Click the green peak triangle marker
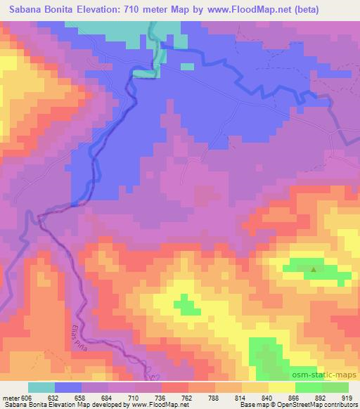(314, 268)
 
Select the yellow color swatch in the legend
(281, 387)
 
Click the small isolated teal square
(187, 67)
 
